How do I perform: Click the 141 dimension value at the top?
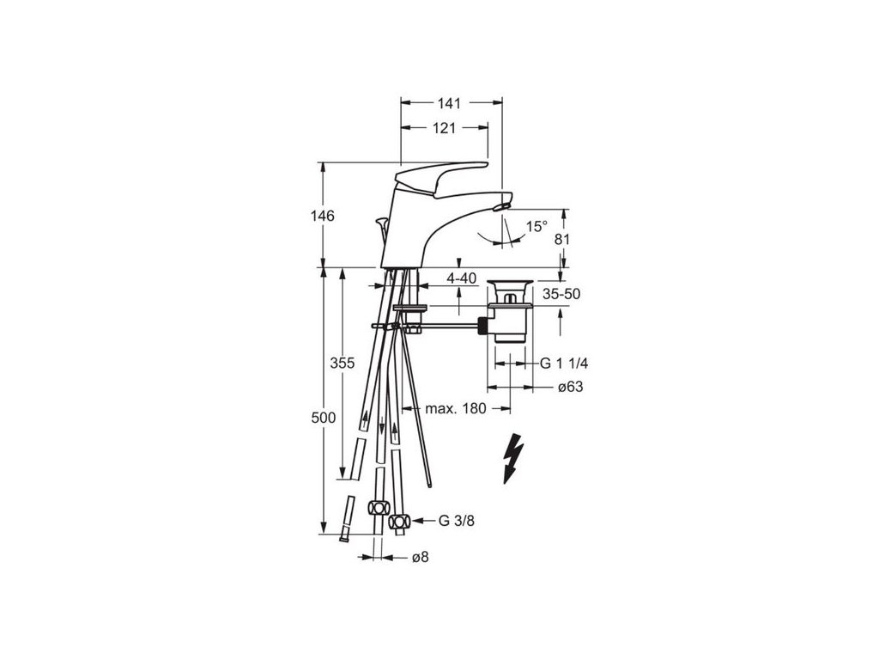[x=449, y=103]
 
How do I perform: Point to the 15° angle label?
[x=536, y=226]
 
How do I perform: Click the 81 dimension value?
[x=562, y=240]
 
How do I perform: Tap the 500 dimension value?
[x=322, y=418]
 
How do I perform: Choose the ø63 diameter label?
[x=571, y=388]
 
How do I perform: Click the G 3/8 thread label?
[x=456, y=521]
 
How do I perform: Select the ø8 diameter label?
[x=421, y=558]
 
